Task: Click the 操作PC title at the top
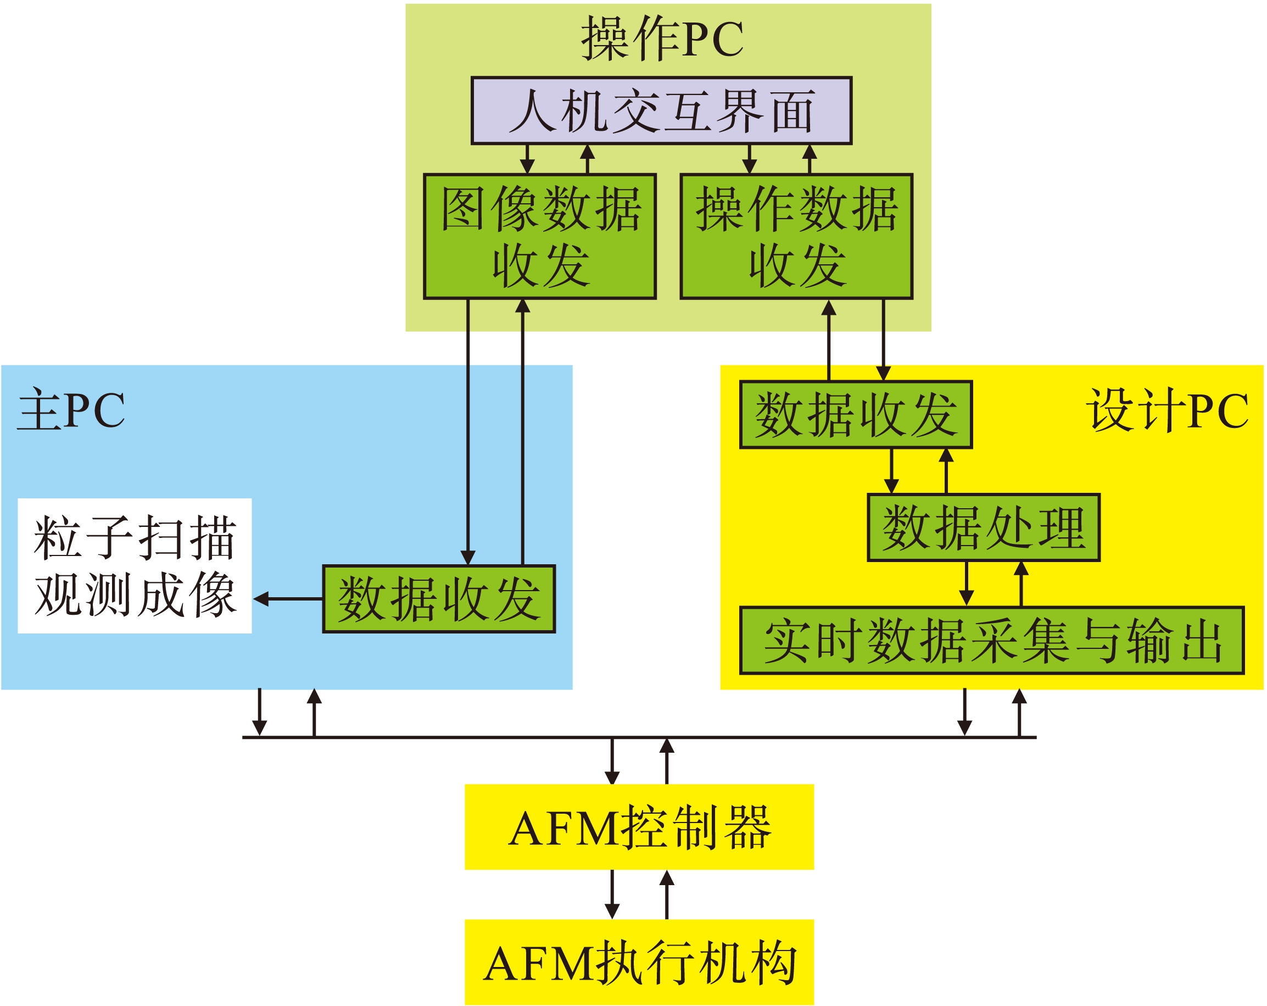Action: (x=662, y=39)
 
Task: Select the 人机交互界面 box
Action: (x=661, y=110)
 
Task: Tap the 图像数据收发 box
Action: (x=539, y=236)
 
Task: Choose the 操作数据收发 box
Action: (x=796, y=236)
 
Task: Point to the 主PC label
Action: (x=71, y=410)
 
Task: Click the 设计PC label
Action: (x=1166, y=410)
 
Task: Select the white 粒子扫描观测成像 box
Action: (x=135, y=565)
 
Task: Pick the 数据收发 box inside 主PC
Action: (x=438, y=599)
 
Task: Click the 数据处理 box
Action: (x=983, y=528)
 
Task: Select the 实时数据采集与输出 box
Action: (x=992, y=641)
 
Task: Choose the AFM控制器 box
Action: (x=639, y=827)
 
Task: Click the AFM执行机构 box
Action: (x=639, y=963)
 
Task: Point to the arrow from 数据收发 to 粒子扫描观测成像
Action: (x=288, y=599)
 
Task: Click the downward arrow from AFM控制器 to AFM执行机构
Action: (x=612, y=894)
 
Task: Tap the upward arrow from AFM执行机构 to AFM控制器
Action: (x=666, y=894)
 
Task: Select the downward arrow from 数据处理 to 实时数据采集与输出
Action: (x=966, y=584)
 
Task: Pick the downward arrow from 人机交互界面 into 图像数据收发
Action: (x=527, y=159)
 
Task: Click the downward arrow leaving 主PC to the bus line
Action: (x=259, y=712)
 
